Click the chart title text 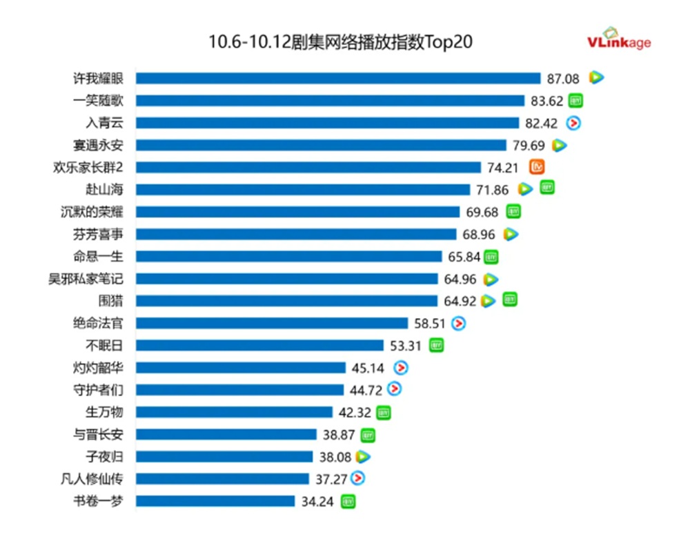click(x=340, y=42)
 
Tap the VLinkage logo click(x=619, y=40)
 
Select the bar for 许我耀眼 click(x=338, y=78)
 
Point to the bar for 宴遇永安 click(x=321, y=145)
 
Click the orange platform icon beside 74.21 click(x=537, y=166)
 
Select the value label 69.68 click(x=484, y=212)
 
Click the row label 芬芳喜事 click(x=99, y=234)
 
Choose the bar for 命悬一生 click(x=288, y=256)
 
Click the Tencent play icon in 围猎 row click(x=489, y=301)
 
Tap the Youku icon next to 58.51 click(x=458, y=322)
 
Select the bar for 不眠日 click(x=259, y=345)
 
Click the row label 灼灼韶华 click(x=99, y=367)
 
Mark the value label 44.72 click(x=366, y=390)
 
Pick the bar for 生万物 click(x=234, y=412)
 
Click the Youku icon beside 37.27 click(x=357, y=478)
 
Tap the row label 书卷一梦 click(x=99, y=501)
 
